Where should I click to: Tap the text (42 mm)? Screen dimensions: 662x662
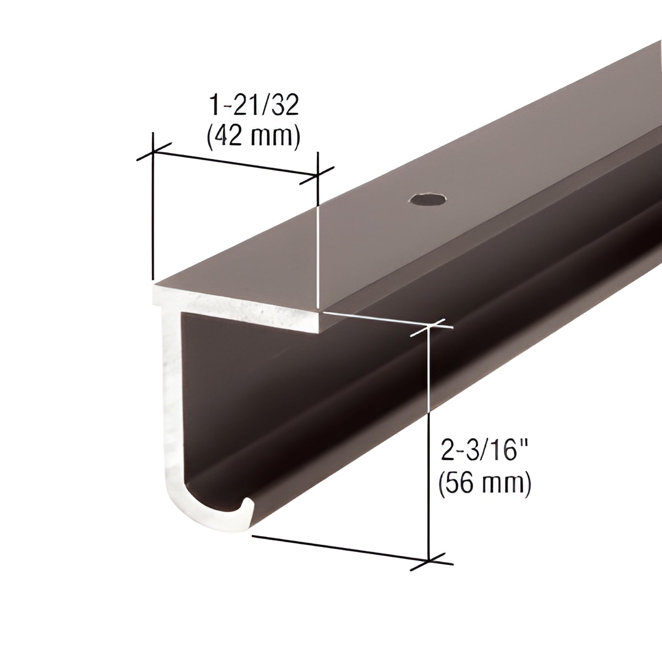(254, 136)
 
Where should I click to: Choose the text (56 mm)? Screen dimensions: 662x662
(485, 483)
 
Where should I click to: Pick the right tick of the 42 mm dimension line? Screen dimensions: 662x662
(317, 175)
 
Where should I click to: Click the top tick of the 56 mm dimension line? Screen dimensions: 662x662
(429, 327)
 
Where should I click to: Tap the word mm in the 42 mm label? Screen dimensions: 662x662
(274, 136)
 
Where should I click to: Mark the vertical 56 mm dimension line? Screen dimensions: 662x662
(429, 440)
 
